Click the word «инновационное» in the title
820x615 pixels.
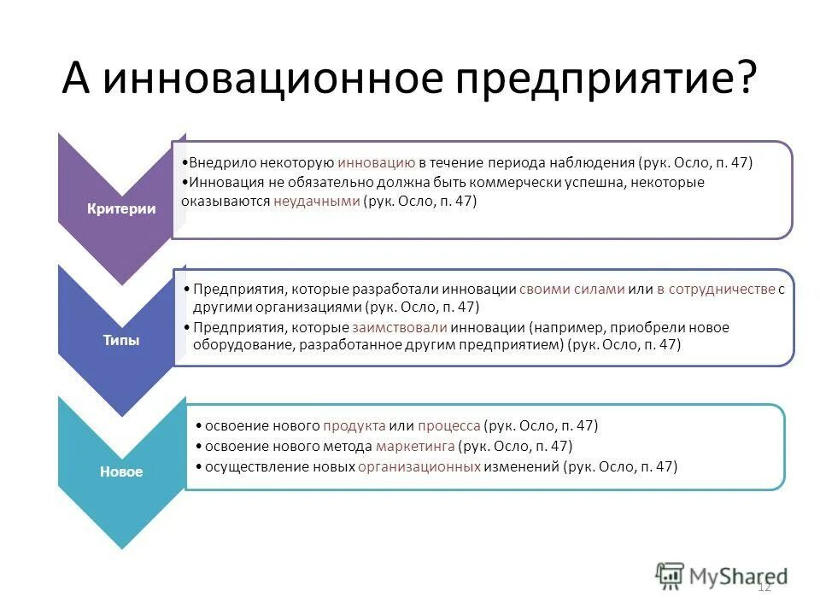point(272,79)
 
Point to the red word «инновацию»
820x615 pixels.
point(376,161)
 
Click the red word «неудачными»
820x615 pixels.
point(316,202)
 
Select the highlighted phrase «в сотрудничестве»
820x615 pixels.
point(715,289)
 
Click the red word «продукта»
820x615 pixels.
point(354,425)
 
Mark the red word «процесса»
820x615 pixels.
point(448,425)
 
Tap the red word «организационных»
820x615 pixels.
point(419,466)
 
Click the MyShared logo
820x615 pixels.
point(722,575)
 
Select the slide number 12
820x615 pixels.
point(764,586)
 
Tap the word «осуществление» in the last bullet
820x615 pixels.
point(247,466)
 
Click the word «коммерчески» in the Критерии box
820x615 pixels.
point(512,182)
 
